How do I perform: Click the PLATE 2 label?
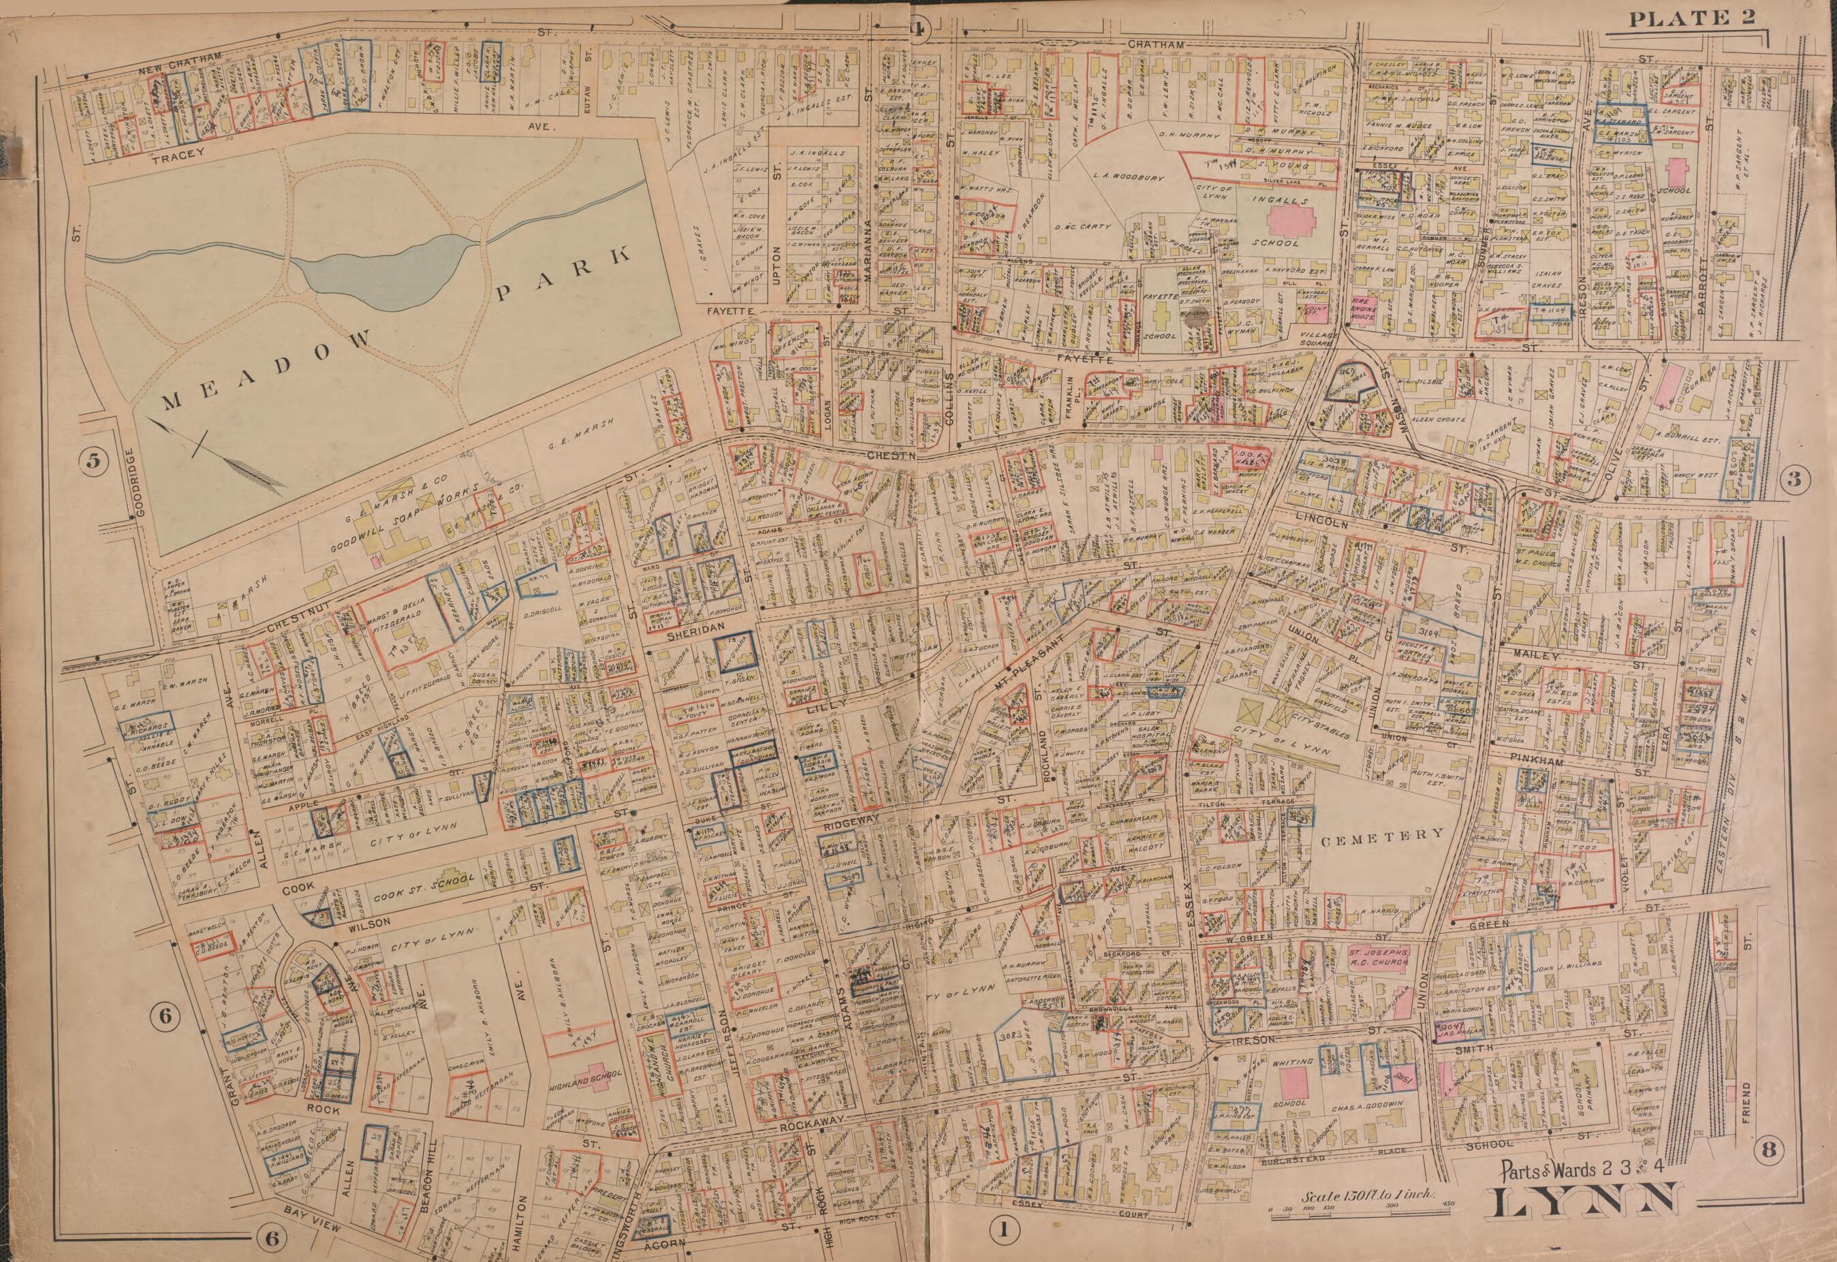coord(1693,18)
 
